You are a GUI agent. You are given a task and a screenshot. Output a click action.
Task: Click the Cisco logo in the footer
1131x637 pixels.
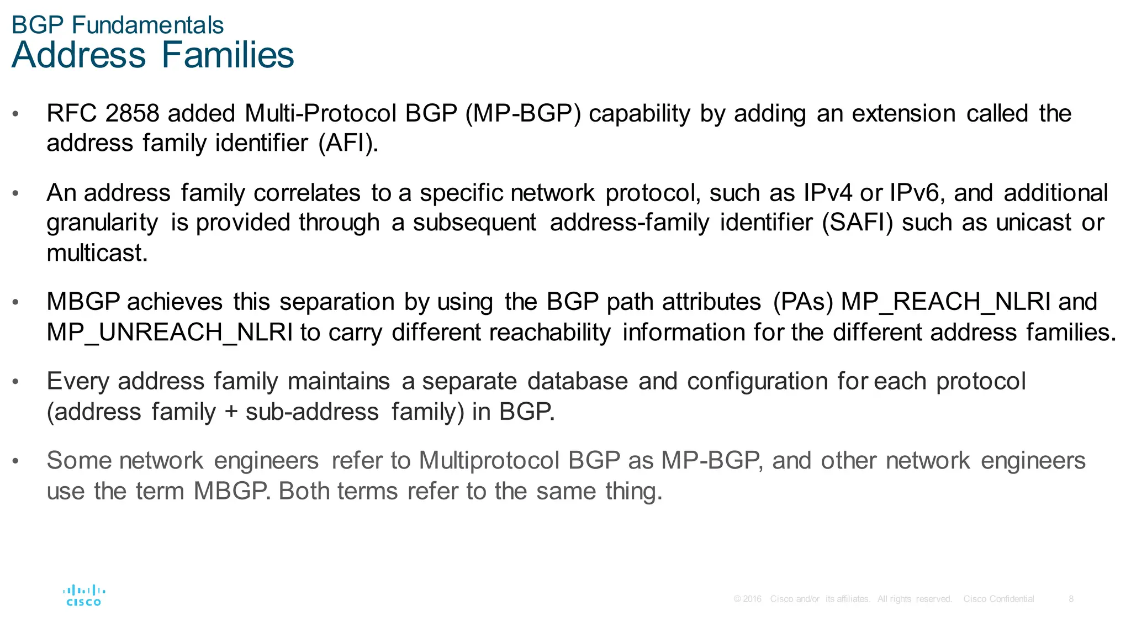(x=84, y=596)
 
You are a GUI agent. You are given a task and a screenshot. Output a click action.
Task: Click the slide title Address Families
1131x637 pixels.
(x=152, y=55)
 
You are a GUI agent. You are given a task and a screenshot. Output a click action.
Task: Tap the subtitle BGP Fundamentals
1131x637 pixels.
(x=117, y=25)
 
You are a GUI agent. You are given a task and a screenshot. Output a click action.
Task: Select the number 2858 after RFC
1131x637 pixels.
(x=132, y=114)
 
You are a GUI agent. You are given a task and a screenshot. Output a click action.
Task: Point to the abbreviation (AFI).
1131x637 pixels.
(x=348, y=144)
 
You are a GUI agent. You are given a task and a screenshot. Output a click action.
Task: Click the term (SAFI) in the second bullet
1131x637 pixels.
(x=857, y=223)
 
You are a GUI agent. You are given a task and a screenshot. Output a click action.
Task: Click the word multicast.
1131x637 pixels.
(x=97, y=253)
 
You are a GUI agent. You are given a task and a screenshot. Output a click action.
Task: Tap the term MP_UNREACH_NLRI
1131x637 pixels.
(x=170, y=333)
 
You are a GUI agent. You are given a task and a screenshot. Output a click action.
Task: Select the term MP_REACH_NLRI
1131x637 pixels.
(x=946, y=302)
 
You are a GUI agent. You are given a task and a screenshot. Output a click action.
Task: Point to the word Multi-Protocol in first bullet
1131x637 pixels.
(x=320, y=114)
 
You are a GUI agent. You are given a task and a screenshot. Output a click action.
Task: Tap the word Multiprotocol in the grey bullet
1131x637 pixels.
(x=489, y=461)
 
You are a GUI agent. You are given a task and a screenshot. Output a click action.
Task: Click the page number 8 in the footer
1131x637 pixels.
(x=1071, y=599)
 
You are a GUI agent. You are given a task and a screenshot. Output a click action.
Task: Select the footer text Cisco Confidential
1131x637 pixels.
(x=998, y=599)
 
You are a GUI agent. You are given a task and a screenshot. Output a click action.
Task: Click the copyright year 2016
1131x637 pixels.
(x=752, y=599)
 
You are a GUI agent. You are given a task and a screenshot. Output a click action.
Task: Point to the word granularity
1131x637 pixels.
(x=102, y=223)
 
